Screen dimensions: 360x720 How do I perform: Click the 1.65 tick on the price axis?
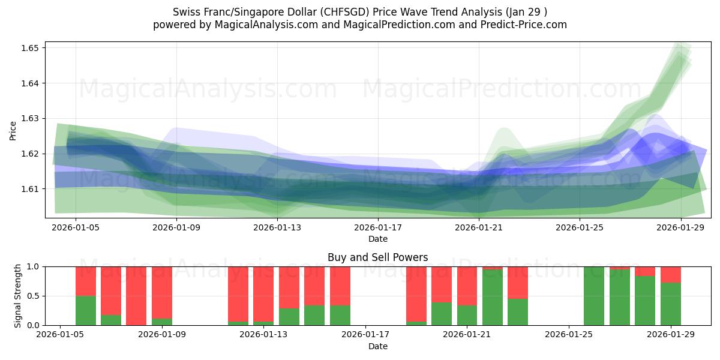click(x=30, y=48)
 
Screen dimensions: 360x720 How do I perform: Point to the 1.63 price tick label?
click(x=30, y=118)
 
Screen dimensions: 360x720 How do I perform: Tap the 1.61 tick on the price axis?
click(x=30, y=189)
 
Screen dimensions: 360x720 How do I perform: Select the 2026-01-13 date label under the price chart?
click(x=277, y=227)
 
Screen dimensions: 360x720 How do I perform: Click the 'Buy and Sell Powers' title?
click(x=377, y=257)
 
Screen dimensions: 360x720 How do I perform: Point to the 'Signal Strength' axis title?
click(x=17, y=296)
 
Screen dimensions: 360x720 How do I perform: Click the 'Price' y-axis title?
click(x=13, y=130)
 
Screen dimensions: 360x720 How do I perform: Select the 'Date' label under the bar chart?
click(x=377, y=346)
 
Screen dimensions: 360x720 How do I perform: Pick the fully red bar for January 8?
click(x=136, y=296)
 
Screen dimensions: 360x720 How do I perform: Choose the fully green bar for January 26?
click(x=593, y=296)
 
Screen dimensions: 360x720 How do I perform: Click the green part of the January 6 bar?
click(x=86, y=310)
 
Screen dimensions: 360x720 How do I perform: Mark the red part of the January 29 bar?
click(x=670, y=274)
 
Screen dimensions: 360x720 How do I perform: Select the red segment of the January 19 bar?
click(x=416, y=293)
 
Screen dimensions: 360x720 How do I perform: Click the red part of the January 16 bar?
click(x=340, y=286)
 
